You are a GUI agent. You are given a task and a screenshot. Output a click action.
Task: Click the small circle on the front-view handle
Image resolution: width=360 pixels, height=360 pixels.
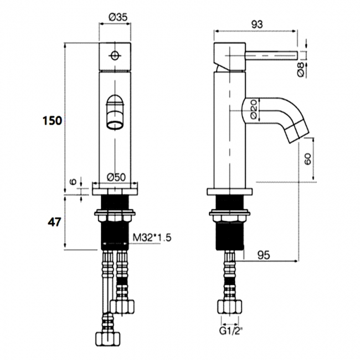coord(115,55)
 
